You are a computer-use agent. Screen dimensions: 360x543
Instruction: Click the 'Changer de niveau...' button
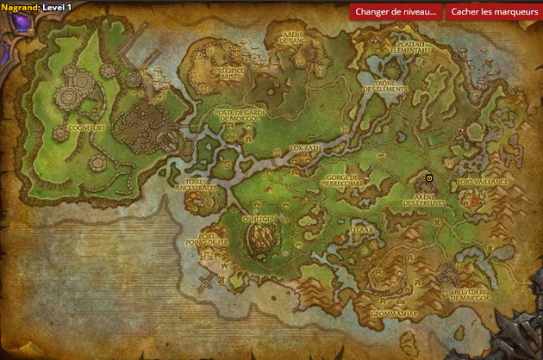pyautogui.click(x=396, y=11)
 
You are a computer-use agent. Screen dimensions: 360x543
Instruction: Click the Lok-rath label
pyautogui.click(x=304, y=148)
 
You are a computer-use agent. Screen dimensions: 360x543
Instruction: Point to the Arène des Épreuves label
pyautogui.click(x=429, y=201)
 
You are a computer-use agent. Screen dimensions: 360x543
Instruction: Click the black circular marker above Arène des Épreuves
pyautogui.click(x=429, y=178)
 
